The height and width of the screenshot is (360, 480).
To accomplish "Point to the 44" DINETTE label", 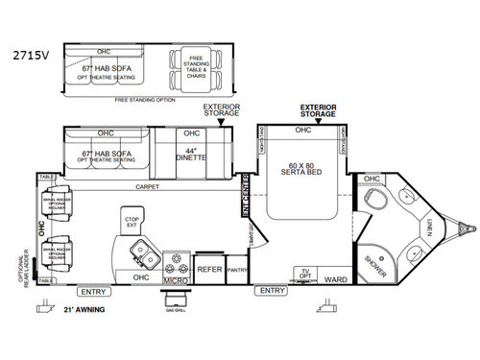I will pyautogui.click(x=195, y=153).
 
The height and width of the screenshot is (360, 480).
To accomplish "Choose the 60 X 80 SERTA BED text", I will pyautogui.click(x=302, y=175).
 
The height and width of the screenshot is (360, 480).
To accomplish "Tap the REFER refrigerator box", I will pyautogui.click(x=209, y=271).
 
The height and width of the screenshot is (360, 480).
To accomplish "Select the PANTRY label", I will pyautogui.click(x=235, y=271).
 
